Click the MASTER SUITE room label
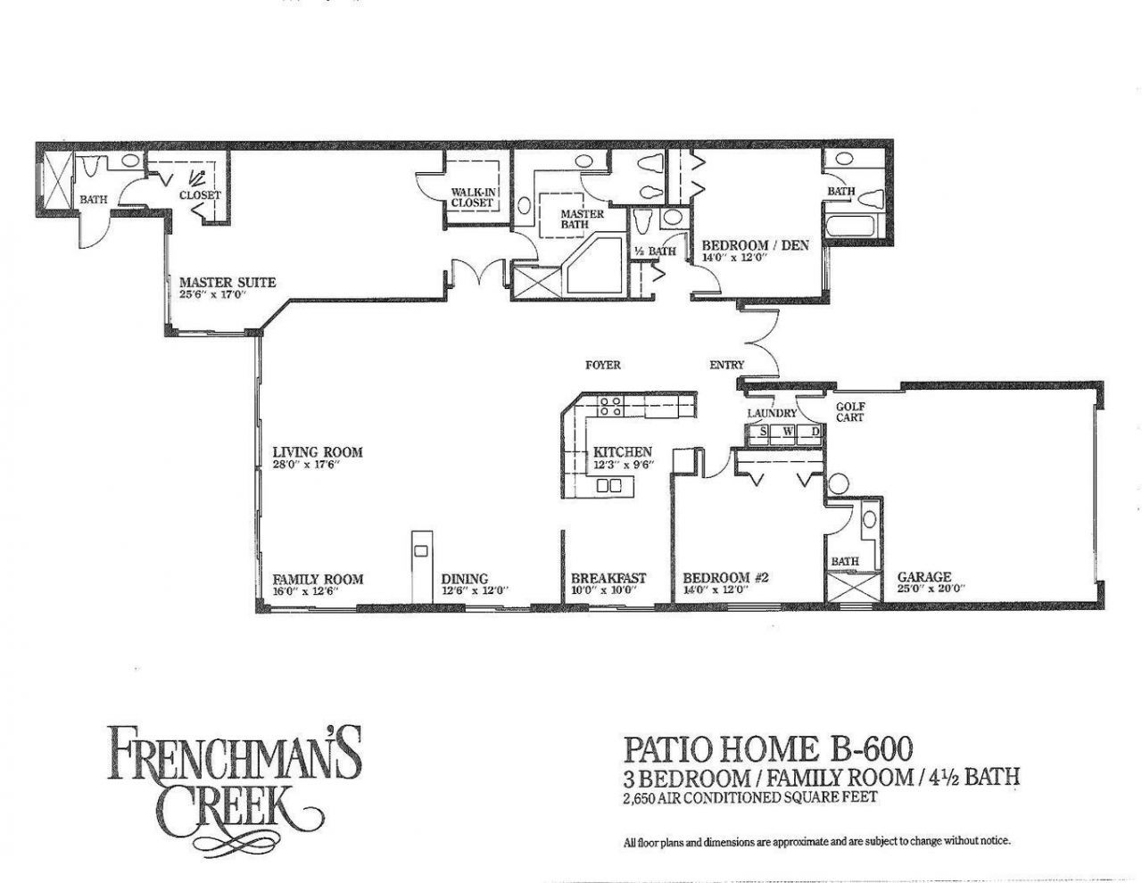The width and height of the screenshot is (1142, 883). pyautogui.click(x=228, y=283)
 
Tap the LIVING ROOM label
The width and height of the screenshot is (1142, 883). pyautogui.click(x=317, y=452)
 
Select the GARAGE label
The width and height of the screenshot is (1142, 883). pyautogui.click(x=923, y=577)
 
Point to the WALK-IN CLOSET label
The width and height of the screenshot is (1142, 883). pyautogui.click(x=472, y=197)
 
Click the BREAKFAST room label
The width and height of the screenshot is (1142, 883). pyautogui.click(x=608, y=578)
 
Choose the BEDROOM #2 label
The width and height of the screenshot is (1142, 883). pyautogui.click(x=725, y=578)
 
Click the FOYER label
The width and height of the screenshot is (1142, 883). pyautogui.click(x=602, y=365)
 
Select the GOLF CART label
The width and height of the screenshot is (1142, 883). pyautogui.click(x=849, y=411)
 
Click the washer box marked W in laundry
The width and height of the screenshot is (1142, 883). pyautogui.click(x=788, y=433)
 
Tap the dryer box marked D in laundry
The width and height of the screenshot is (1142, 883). pyautogui.click(x=814, y=433)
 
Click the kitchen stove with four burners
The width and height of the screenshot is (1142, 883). pyautogui.click(x=610, y=408)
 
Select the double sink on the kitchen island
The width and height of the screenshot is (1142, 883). pyautogui.click(x=608, y=486)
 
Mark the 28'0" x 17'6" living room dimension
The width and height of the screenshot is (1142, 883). pyautogui.click(x=305, y=465)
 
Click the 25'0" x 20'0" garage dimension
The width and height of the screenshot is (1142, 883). pyautogui.click(x=931, y=590)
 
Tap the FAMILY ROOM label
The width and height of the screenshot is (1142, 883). pyautogui.click(x=318, y=578)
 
